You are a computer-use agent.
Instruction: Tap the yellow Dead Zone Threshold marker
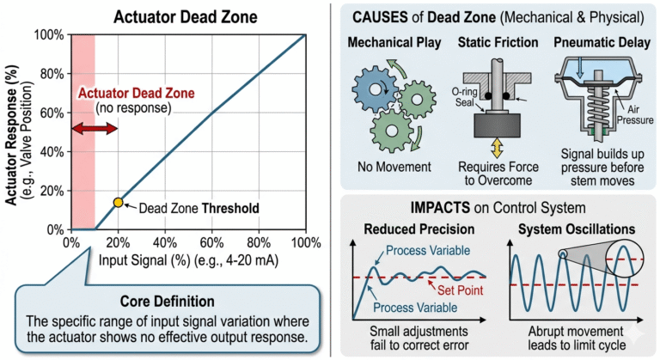[118, 203]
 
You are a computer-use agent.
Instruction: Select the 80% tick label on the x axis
[260, 241]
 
